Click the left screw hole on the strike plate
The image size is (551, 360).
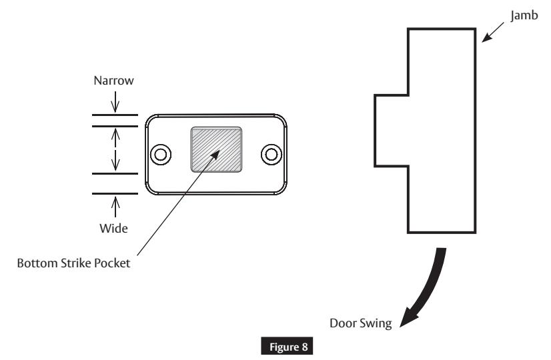(x=159, y=154)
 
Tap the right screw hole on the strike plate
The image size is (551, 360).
(x=271, y=154)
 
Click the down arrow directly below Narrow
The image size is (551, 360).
(x=115, y=105)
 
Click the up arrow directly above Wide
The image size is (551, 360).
(x=115, y=202)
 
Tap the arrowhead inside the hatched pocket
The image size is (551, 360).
(x=217, y=151)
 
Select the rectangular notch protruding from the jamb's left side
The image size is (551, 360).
(x=390, y=130)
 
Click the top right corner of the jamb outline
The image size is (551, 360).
(x=476, y=29)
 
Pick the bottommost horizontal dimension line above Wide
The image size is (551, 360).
(x=115, y=193)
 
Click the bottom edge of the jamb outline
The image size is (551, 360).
(x=442, y=233)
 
